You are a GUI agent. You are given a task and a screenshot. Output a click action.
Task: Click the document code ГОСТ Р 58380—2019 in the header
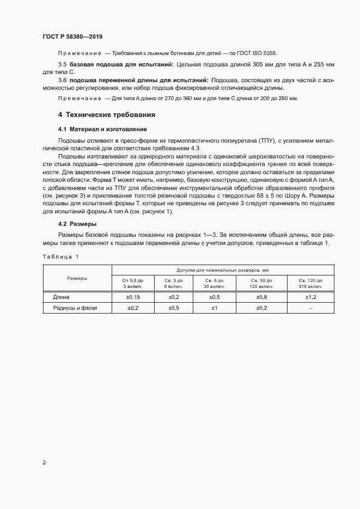tap(72, 36)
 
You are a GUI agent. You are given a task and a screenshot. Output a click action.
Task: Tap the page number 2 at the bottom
tap(44, 463)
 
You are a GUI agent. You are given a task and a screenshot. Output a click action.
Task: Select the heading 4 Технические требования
tap(107, 115)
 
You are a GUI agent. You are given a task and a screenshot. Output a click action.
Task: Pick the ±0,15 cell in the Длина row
tap(133, 297)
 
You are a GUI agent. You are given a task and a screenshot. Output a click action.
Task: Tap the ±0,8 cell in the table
tap(260, 297)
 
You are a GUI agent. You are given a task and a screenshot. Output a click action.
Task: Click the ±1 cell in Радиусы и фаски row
tap(214, 308)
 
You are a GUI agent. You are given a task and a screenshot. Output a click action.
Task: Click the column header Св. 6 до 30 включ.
tap(214, 283)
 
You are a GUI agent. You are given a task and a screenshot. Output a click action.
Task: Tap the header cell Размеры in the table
tap(77, 278)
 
